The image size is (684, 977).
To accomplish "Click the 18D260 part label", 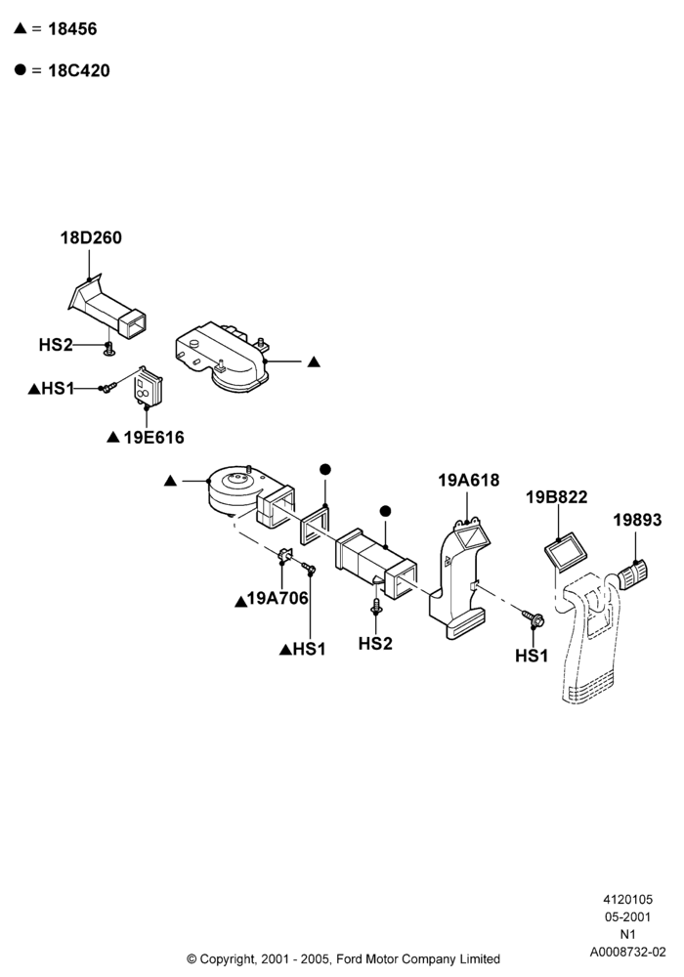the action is [x=91, y=237].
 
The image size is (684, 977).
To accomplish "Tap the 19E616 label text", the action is [x=153, y=438].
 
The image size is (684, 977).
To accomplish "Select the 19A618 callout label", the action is [x=468, y=480].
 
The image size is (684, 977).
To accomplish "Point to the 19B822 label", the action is [x=556, y=496].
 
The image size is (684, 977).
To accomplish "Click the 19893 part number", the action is [x=637, y=520].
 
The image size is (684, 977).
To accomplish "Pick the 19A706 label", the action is [x=278, y=598].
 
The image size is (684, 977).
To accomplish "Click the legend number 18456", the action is [x=72, y=28].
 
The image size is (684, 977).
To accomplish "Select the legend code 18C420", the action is [x=79, y=70].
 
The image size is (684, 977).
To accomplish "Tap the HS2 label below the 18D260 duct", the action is [x=56, y=345].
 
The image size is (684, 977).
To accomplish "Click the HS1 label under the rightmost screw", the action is [x=532, y=656].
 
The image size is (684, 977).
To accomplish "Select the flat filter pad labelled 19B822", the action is [x=567, y=552].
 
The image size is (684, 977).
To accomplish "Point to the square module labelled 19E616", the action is [x=149, y=388].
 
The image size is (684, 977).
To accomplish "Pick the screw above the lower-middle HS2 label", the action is [x=376, y=607].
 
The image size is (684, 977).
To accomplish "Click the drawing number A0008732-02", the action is [x=628, y=952].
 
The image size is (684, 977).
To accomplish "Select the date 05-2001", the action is [x=628, y=917].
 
